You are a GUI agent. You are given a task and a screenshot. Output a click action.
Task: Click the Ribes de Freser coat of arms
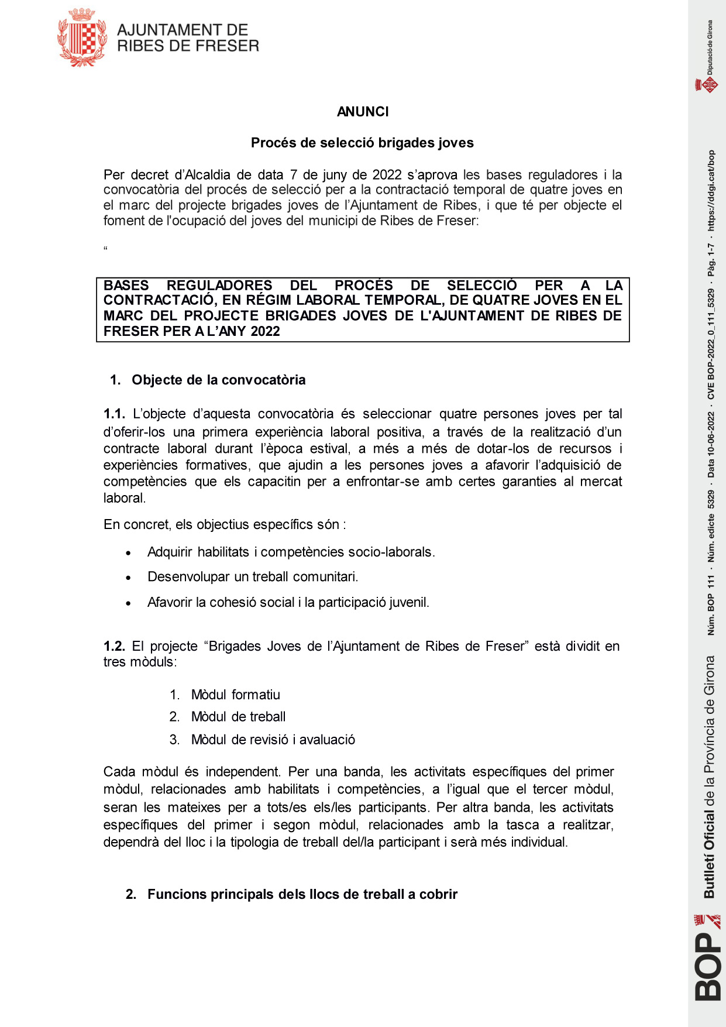(82, 37)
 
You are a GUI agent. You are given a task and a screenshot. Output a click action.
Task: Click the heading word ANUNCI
(363, 112)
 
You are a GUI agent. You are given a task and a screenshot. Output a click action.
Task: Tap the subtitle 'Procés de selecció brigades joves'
(362, 143)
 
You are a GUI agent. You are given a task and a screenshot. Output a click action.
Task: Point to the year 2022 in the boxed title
(265, 331)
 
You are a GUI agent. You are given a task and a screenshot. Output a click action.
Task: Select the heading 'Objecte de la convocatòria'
(218, 380)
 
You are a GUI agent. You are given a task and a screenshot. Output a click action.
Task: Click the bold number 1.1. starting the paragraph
(114, 414)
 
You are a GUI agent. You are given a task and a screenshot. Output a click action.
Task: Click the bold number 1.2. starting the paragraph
(114, 646)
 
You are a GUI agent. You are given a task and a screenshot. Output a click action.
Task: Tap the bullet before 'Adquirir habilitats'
(129, 553)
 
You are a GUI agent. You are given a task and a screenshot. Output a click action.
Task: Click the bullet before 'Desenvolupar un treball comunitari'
(129, 578)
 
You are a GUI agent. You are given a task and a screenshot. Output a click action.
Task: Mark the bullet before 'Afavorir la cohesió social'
(129, 603)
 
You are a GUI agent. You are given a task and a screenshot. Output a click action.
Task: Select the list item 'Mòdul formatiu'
(235, 695)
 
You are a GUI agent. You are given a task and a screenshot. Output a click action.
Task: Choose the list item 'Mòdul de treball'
(238, 717)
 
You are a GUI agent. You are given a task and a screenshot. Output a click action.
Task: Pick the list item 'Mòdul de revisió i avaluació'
(273, 740)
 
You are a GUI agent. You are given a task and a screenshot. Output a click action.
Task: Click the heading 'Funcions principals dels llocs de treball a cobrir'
(302, 894)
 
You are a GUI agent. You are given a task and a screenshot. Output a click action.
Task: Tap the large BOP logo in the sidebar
(708, 966)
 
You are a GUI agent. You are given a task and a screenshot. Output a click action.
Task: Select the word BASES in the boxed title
(126, 286)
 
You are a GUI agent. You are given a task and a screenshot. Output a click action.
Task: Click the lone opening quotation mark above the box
(106, 249)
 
